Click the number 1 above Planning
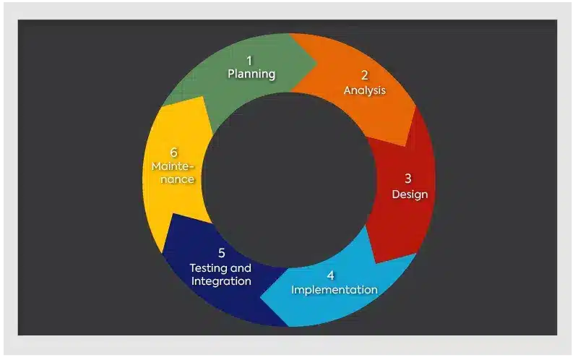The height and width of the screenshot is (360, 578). click(249, 61)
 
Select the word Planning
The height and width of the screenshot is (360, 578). click(251, 74)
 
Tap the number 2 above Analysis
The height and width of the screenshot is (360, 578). click(365, 75)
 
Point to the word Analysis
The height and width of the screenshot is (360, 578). click(365, 90)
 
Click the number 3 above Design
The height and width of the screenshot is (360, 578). click(408, 179)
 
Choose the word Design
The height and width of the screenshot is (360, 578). click(410, 194)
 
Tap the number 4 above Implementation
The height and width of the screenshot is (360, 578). click(331, 275)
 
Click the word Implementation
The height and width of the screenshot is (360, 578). click(335, 290)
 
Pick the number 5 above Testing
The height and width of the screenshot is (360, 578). click(222, 253)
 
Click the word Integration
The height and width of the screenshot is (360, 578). click(221, 281)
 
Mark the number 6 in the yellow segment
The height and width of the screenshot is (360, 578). click(174, 153)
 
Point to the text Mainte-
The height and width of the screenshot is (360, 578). click(173, 166)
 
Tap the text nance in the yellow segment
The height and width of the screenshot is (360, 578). click(177, 179)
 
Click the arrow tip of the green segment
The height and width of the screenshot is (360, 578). click(317, 64)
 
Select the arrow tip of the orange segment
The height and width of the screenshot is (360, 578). click(406, 146)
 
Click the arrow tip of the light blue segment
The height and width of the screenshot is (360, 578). click(261, 296)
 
